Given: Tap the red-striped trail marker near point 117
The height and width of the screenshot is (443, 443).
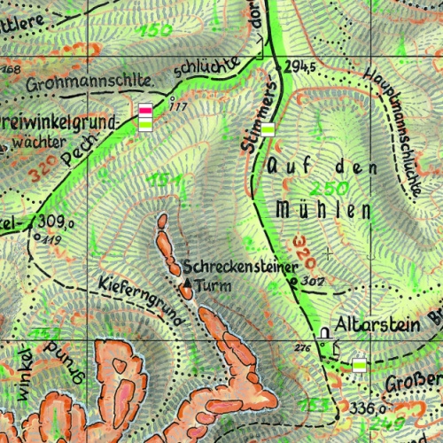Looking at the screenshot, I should tap(146, 110).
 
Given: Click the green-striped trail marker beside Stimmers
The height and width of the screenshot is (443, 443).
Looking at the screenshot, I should tap(268, 129).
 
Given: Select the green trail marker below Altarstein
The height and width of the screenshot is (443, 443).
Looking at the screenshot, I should tap(359, 364).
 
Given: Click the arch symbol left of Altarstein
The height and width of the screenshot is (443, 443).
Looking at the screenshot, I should tap(324, 334).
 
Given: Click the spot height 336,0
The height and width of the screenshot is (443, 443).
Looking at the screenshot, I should tap(368, 408).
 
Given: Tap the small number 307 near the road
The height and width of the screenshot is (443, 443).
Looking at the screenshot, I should tap(313, 281).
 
